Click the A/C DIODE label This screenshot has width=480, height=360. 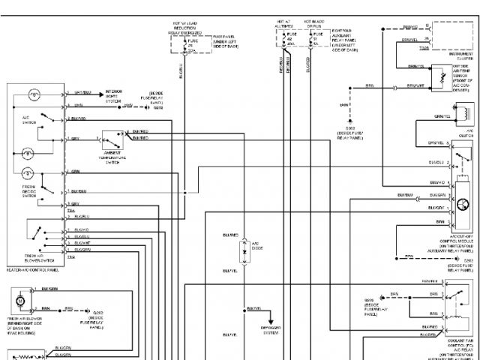pos(256,245)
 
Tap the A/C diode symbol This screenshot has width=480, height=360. pos(244,251)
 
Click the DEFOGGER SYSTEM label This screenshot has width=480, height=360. pos(271,329)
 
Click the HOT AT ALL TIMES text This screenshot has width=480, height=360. pos(283,25)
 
